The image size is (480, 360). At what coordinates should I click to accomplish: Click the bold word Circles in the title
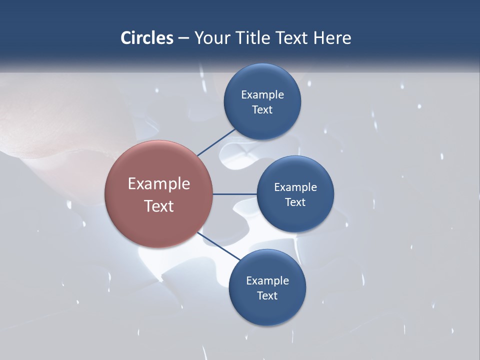click(x=147, y=38)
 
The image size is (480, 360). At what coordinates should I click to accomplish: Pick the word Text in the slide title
click(x=294, y=38)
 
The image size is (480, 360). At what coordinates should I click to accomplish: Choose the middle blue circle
click(x=295, y=220)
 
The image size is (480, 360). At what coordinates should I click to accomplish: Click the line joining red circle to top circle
click(x=216, y=142)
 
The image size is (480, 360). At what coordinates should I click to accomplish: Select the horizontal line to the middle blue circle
click(x=234, y=194)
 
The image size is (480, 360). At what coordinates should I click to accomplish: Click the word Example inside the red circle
click(x=159, y=183)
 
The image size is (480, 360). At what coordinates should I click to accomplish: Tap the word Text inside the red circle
click(x=159, y=206)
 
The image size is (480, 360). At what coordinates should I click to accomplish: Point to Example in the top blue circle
click(x=262, y=95)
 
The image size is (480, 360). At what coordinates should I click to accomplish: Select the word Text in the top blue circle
click(x=262, y=110)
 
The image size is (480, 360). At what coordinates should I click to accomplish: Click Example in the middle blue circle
click(x=295, y=187)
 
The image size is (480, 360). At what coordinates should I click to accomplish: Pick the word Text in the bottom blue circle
click(x=267, y=296)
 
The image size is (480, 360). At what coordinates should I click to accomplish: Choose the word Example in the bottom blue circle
click(x=267, y=281)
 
